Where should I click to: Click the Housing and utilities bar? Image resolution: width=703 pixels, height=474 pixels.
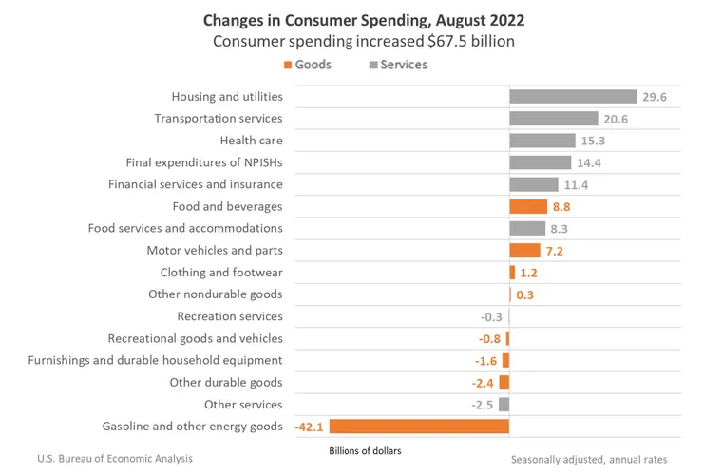coord(572,96)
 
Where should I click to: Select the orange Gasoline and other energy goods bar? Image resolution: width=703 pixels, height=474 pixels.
coord(419,427)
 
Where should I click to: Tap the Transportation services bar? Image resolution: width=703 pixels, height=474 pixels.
coord(553,119)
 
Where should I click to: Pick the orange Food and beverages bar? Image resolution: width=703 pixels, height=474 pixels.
coord(527,206)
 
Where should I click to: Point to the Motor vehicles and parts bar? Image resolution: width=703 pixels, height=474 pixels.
coord(524,251)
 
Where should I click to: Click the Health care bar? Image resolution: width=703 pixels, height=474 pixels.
coord(541,141)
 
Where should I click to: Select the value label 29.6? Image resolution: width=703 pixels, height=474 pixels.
coord(655,97)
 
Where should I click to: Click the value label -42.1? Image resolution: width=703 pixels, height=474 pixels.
coord(310,427)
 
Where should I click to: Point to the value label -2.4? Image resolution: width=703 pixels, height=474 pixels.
coord(484,383)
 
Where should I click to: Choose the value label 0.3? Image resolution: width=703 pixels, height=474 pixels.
coord(524,294)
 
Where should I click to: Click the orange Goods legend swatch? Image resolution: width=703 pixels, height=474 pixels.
coord(287,65)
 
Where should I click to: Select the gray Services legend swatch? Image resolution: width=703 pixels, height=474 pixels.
coord(371,65)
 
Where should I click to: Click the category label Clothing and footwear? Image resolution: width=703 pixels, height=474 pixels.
coord(221,273)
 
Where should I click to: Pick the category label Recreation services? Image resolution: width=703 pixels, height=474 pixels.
coord(230,316)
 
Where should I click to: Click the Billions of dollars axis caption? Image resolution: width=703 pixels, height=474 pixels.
coord(365,451)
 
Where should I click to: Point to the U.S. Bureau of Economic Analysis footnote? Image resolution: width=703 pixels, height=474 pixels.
coord(115,458)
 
